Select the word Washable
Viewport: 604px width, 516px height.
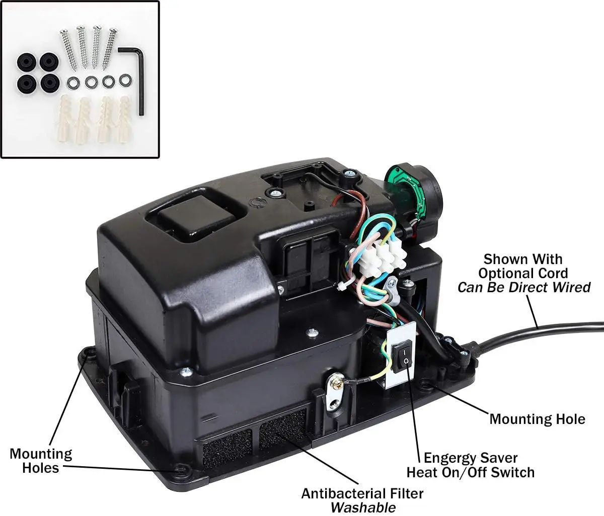point(362,507)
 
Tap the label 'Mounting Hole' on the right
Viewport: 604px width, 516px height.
point(537,419)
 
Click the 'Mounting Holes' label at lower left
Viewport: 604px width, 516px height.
point(41,460)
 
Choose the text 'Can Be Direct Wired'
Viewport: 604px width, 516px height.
point(524,287)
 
